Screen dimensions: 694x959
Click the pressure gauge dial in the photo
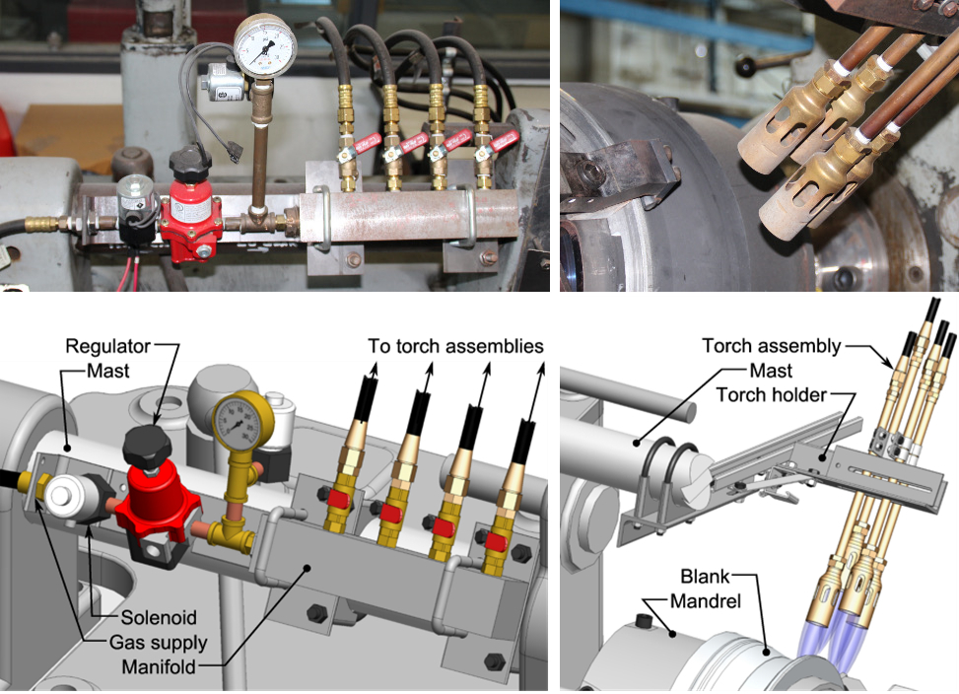265,44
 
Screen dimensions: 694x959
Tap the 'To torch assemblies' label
456,346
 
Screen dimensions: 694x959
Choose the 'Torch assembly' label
771,346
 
